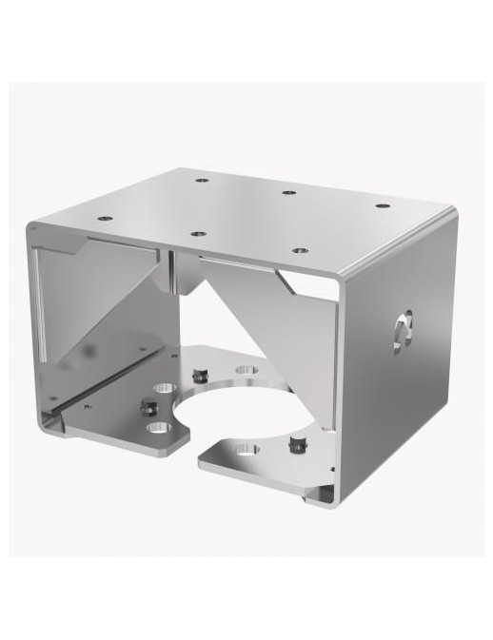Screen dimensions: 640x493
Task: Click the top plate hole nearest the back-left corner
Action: click(x=202, y=179)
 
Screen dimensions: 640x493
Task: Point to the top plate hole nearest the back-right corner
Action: click(x=382, y=205)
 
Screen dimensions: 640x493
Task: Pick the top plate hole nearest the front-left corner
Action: click(x=105, y=218)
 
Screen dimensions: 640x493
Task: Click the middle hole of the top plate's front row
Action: click(x=197, y=233)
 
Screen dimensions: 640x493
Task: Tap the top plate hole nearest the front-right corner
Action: click(x=300, y=250)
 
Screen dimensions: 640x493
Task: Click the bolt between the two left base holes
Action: click(x=149, y=408)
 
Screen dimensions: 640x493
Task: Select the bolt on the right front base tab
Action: click(x=297, y=443)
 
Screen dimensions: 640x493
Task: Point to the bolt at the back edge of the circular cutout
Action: click(x=200, y=373)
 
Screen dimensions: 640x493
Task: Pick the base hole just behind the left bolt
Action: click(x=165, y=389)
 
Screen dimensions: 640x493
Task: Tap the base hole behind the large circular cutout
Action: click(x=246, y=369)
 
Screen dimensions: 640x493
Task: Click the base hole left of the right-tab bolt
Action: click(x=246, y=449)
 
